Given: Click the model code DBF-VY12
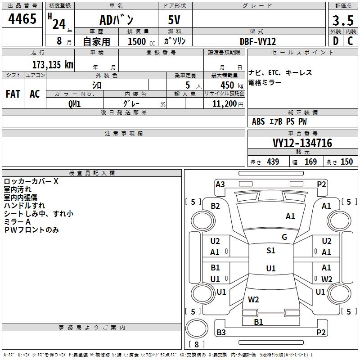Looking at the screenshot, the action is (258, 41).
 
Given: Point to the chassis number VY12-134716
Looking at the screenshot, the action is (302, 144).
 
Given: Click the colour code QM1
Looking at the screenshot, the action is (75, 103).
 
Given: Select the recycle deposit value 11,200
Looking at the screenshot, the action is (224, 103).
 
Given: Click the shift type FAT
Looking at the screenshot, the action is (13, 94).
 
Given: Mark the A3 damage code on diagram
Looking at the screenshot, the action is (220, 184).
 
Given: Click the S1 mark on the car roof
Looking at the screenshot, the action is (270, 251).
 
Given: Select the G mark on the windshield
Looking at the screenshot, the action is (284, 237).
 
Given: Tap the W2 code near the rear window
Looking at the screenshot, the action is (253, 299).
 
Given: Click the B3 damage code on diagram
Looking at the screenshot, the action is (220, 333).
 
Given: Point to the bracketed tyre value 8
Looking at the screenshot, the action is (197, 345).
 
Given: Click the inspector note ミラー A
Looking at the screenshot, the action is (17, 222).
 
